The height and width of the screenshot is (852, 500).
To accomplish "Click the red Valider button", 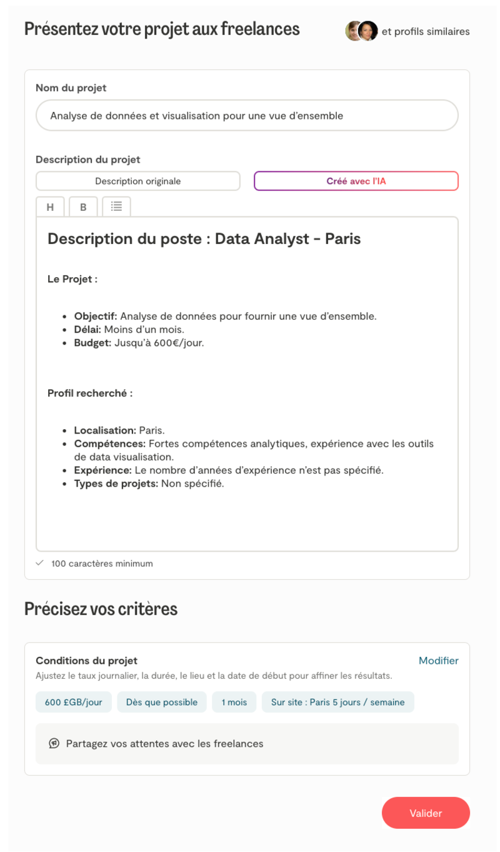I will (426, 813).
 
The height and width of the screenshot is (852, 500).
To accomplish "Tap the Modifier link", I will (438, 661).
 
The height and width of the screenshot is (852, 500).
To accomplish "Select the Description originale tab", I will (137, 181).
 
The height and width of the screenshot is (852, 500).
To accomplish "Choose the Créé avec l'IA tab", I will (356, 181).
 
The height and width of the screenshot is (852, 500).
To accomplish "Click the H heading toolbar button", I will (51, 207).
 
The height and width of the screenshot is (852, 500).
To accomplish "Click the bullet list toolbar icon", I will (116, 206).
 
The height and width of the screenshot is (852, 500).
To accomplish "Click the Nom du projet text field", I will (247, 116).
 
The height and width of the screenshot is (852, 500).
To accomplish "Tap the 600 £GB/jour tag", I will (74, 702).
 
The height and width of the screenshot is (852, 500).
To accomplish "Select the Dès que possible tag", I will (162, 702).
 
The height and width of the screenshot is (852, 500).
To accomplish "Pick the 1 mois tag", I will (234, 702).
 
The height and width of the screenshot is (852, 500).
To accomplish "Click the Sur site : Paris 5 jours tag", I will (337, 702).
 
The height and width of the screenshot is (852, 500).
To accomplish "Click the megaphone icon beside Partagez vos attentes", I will (54, 744).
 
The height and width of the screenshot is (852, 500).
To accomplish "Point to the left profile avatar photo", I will (354, 31).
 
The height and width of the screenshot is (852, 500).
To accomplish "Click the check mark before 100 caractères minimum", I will (40, 563).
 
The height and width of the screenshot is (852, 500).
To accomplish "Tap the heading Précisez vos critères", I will (101, 609).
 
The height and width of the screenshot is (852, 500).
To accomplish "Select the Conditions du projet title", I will (86, 661).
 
